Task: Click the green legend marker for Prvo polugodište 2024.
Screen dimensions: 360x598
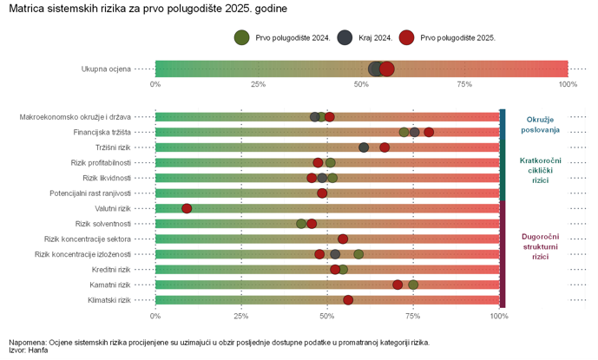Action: click(x=242, y=37)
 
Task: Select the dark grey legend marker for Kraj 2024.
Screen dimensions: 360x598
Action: click(x=345, y=37)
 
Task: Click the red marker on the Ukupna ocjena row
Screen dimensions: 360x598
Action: click(x=387, y=69)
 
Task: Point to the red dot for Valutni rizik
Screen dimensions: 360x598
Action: click(x=187, y=208)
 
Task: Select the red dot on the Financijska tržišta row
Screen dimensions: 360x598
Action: click(x=429, y=132)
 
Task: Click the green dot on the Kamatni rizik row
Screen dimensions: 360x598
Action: click(x=413, y=285)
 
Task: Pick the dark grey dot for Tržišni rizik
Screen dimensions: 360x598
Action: click(x=364, y=147)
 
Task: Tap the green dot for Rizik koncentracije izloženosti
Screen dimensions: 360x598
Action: click(x=358, y=254)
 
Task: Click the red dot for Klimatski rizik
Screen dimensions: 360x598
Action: click(x=348, y=300)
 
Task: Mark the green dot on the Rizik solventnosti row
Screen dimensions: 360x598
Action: click(x=301, y=224)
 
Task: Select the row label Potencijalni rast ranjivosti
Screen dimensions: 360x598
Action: click(x=90, y=193)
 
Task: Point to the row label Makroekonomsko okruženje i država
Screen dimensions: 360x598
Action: click(x=76, y=117)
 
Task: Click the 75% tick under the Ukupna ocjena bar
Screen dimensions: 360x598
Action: click(x=463, y=84)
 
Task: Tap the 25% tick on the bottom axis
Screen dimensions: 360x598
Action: click(x=241, y=316)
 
